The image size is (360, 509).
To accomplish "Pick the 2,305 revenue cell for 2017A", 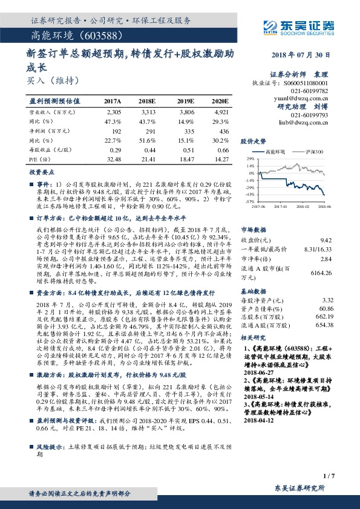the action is pos(114,112).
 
